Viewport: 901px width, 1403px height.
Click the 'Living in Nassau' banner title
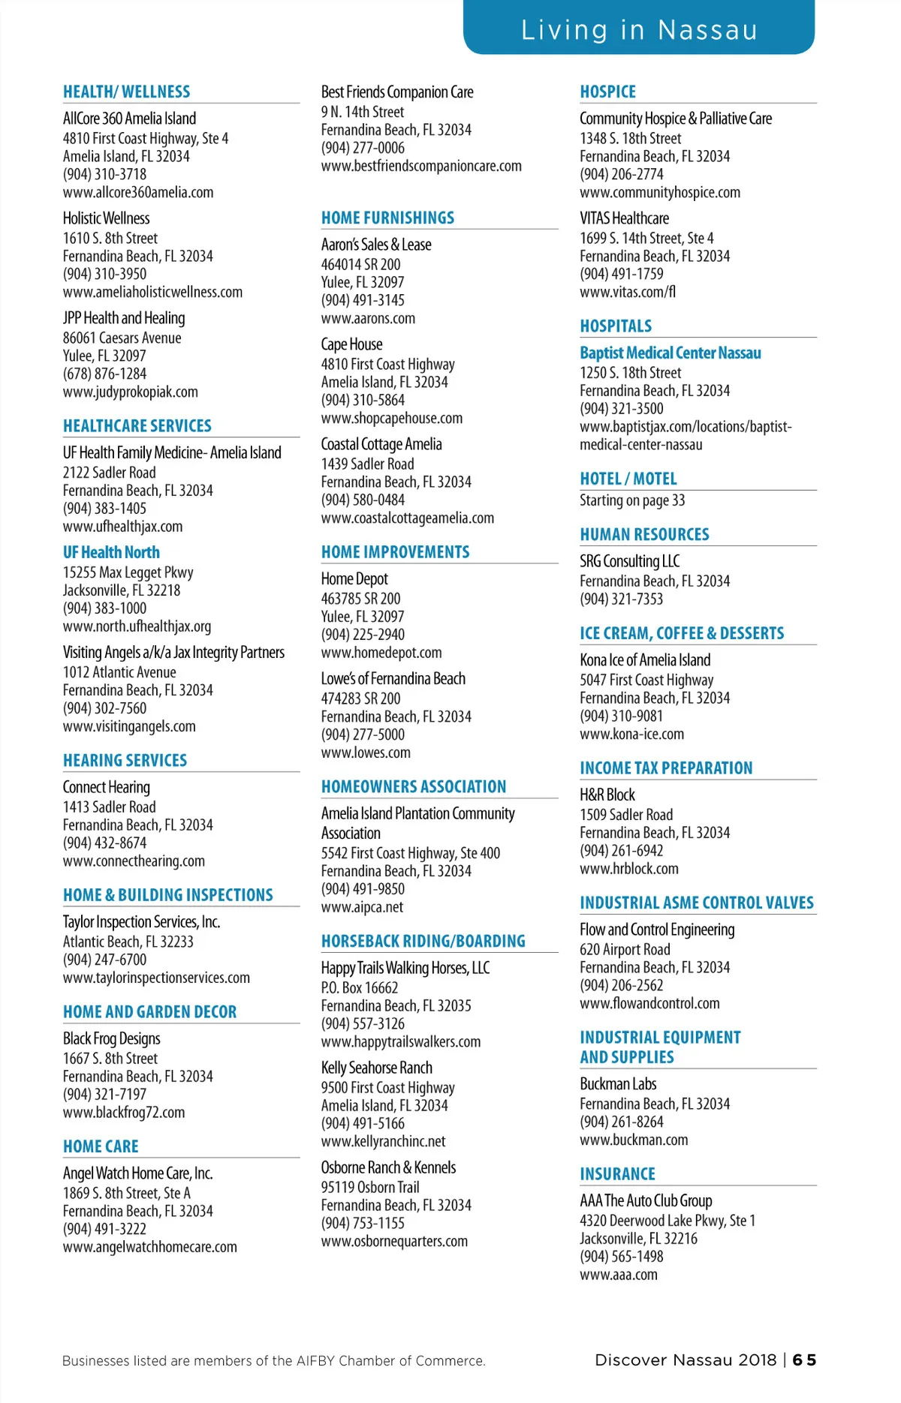[x=639, y=30]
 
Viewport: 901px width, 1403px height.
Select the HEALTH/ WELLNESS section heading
[x=126, y=92]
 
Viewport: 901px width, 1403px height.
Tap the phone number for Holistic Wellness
[x=104, y=274]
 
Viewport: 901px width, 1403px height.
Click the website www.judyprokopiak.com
[x=131, y=392]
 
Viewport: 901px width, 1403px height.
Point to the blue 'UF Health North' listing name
[x=111, y=552]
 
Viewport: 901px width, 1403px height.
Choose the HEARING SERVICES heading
[x=125, y=760]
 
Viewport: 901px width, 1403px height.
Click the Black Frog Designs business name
[x=112, y=1038]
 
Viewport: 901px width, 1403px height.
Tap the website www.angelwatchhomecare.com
[x=150, y=1246]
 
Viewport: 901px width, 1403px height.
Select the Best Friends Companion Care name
[x=397, y=92]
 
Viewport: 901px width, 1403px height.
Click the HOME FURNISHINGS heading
[x=387, y=218]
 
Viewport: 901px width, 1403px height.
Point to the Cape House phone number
[x=363, y=400]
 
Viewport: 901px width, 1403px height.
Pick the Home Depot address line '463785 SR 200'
[x=360, y=598]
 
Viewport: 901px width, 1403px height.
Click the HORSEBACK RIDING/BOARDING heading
[x=423, y=941]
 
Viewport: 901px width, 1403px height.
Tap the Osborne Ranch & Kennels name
[x=388, y=1167]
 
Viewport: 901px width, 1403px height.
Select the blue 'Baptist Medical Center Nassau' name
[x=670, y=353]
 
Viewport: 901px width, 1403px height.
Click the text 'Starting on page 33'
[x=632, y=500]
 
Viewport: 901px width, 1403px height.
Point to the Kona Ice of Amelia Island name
[x=645, y=659]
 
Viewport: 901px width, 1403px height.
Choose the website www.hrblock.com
[x=629, y=868]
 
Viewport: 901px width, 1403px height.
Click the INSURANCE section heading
[x=617, y=1173]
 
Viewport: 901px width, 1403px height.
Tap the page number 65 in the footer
[x=804, y=1359]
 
